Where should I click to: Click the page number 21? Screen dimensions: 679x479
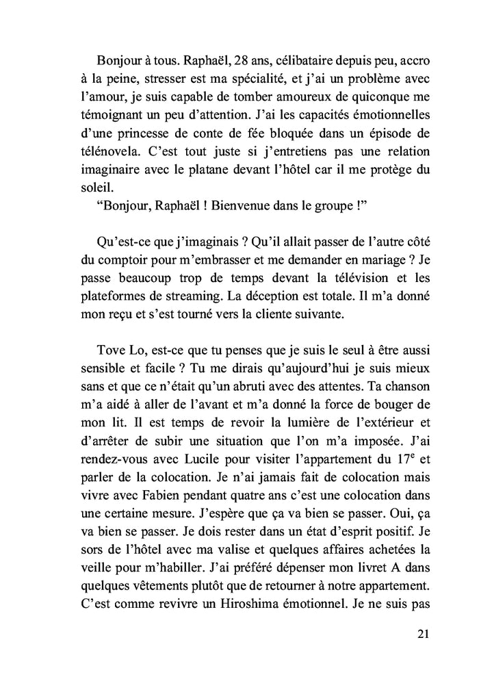point(422,633)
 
